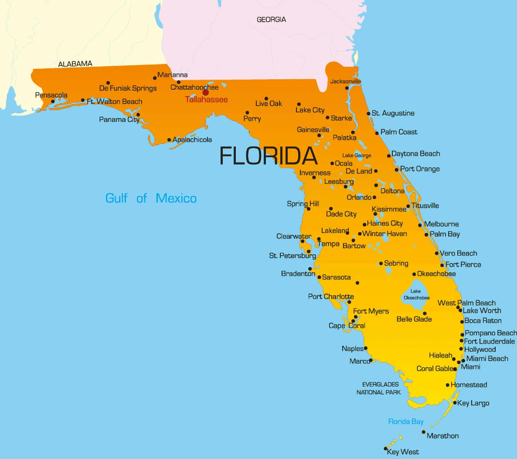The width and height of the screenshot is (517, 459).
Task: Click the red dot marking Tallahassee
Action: pos(206,92)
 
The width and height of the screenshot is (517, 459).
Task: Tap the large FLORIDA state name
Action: pos(268,155)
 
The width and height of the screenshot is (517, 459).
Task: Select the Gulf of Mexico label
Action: pos(151,198)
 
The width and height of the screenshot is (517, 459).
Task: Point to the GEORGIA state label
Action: pos(271,20)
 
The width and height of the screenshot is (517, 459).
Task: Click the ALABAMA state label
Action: pos(75,64)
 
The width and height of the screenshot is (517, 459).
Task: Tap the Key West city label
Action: pos(403,452)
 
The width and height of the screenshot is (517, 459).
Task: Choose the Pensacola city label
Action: pos(51,95)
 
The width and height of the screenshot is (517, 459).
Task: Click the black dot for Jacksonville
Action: pos(347,88)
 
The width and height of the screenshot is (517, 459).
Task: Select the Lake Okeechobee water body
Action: pos(415,294)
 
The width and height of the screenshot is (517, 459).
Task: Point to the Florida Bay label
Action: pos(406,422)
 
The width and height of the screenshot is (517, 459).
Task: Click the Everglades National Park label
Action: pos(379,388)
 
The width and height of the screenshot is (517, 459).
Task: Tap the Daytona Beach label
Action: pos(415,154)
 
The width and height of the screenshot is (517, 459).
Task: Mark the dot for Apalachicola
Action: pos(169,140)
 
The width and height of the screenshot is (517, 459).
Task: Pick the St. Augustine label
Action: pos(393,113)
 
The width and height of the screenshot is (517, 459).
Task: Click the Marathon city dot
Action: pos(423,432)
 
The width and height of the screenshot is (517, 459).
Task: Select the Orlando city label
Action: pos(359,197)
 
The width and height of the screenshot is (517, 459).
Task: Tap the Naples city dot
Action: pos(366,348)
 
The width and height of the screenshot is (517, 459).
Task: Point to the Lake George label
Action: pos(357,155)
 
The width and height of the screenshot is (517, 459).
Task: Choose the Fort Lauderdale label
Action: pos(489,341)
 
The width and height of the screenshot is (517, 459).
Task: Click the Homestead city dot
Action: pos(448,385)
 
